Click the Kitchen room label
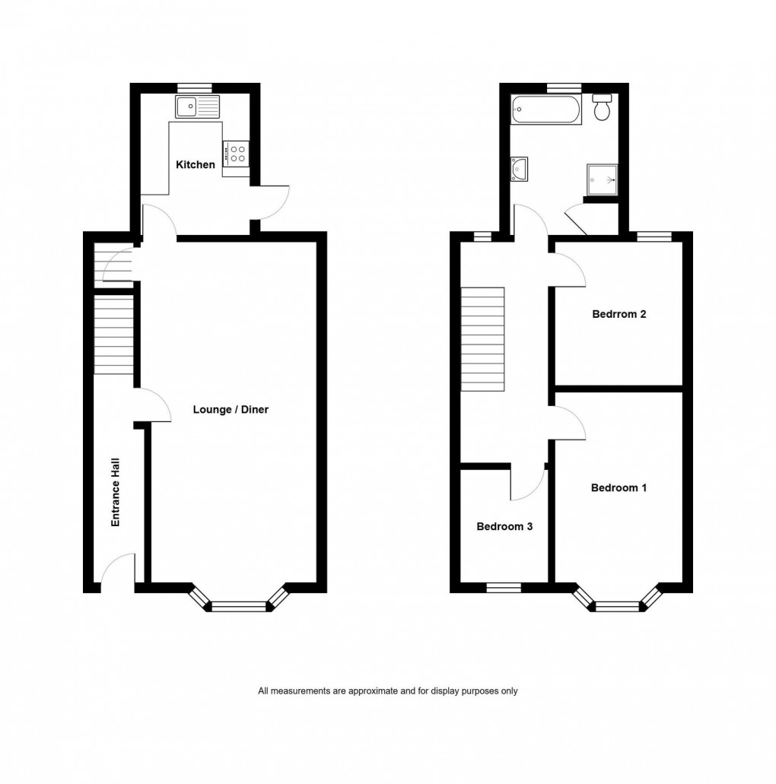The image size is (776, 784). (196, 165)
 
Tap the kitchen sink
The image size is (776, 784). (197, 107)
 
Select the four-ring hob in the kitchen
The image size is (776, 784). (235, 154)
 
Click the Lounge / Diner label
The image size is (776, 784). (231, 410)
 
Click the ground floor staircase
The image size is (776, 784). (113, 335)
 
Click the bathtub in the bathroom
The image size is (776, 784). (547, 110)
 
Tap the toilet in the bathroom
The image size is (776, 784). (602, 109)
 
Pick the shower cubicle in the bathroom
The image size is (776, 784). (601, 180)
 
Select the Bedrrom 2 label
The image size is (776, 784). (619, 314)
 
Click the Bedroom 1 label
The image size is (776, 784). (619, 488)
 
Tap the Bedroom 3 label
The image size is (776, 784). (504, 526)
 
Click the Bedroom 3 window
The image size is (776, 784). (504, 587)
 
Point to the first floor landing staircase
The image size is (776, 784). (483, 339)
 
